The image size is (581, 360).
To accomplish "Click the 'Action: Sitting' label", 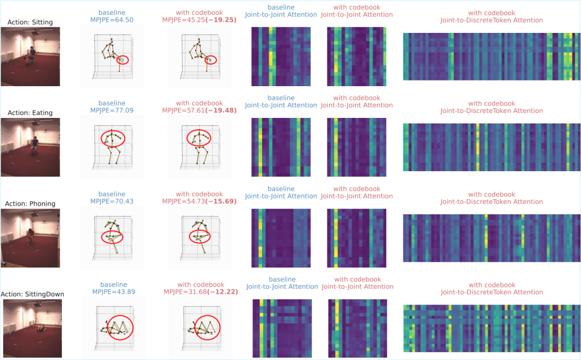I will click(x=30, y=23).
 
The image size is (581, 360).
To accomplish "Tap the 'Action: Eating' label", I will click(x=30, y=113).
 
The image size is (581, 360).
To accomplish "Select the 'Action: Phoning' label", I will click(x=30, y=204).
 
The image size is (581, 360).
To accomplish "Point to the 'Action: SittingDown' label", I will click(x=32, y=294).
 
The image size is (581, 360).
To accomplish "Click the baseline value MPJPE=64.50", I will click(x=112, y=19).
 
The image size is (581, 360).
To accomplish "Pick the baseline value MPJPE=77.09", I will click(x=112, y=110).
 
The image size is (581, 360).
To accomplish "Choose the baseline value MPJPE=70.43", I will click(x=112, y=201).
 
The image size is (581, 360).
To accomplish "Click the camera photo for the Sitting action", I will click(x=30, y=57).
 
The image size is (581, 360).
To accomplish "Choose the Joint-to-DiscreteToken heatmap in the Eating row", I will click(x=491, y=147).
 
